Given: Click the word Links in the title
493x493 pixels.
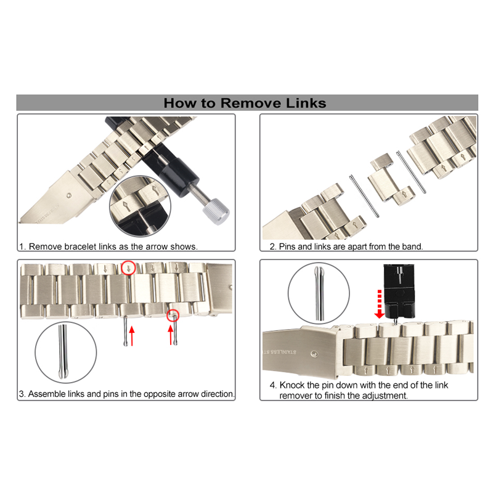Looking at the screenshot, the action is [x=306, y=103].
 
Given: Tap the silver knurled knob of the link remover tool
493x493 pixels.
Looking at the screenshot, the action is [x=216, y=211].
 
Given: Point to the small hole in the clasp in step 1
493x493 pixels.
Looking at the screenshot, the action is [x=69, y=195].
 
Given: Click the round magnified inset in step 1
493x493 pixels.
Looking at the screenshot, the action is [x=141, y=206].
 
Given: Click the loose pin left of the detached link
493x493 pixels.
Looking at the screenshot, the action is [x=364, y=196].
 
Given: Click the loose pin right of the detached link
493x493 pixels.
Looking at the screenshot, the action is [x=411, y=172].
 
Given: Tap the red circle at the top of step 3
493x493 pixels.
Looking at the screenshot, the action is [x=128, y=268].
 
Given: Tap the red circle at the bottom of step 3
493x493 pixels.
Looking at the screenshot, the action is [x=173, y=316].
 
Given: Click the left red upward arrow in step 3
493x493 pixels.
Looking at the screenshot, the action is [x=132, y=336].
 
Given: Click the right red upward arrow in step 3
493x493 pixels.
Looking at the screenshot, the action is [x=171, y=335].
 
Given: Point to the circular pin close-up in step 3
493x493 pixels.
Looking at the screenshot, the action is [x=66, y=352].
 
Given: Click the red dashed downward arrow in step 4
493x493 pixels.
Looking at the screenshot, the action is [x=380, y=304].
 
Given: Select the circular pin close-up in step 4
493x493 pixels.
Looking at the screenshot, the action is [x=319, y=293].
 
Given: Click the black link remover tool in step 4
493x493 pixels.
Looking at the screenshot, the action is [x=399, y=291].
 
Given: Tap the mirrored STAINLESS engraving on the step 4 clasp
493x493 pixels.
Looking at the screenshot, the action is [x=279, y=352].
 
